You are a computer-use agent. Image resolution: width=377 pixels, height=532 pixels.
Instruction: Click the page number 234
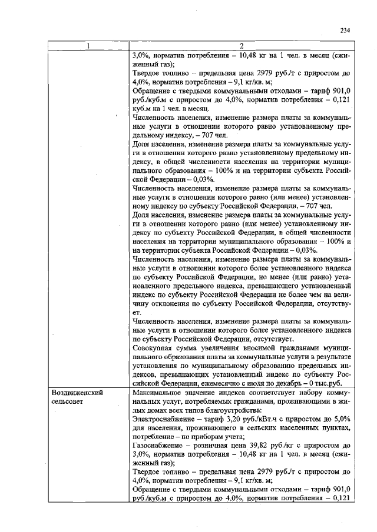coord(345,31)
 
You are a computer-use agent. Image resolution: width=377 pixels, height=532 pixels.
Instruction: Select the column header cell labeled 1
coord(88,46)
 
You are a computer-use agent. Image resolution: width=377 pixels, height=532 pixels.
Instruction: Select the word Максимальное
coord(160,392)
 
